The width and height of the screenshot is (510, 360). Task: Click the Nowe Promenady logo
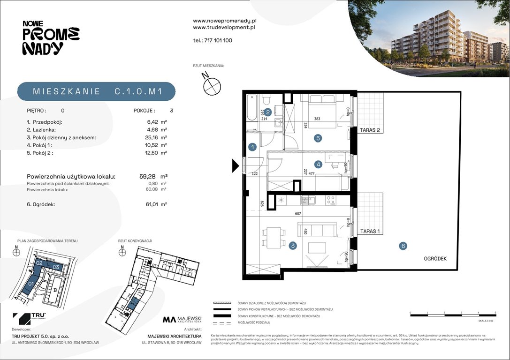(x=51, y=37)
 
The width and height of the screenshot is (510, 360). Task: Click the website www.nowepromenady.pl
(x=224, y=21)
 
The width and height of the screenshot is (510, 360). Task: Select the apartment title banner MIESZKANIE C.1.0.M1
(x=97, y=92)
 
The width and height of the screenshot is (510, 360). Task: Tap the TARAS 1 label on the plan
(x=370, y=231)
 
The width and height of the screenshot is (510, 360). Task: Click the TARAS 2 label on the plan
(x=370, y=130)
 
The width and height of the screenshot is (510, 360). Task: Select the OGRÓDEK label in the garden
(x=434, y=258)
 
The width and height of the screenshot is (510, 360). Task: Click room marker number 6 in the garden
(x=403, y=246)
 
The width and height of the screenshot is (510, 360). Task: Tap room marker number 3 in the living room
(x=292, y=246)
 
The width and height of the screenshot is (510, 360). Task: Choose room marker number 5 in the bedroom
(x=318, y=138)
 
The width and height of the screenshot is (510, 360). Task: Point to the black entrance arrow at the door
(x=236, y=165)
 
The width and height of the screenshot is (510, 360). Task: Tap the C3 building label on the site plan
(x=55, y=267)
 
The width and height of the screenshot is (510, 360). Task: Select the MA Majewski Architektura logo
(x=182, y=320)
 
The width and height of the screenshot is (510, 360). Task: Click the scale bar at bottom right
(x=453, y=315)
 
